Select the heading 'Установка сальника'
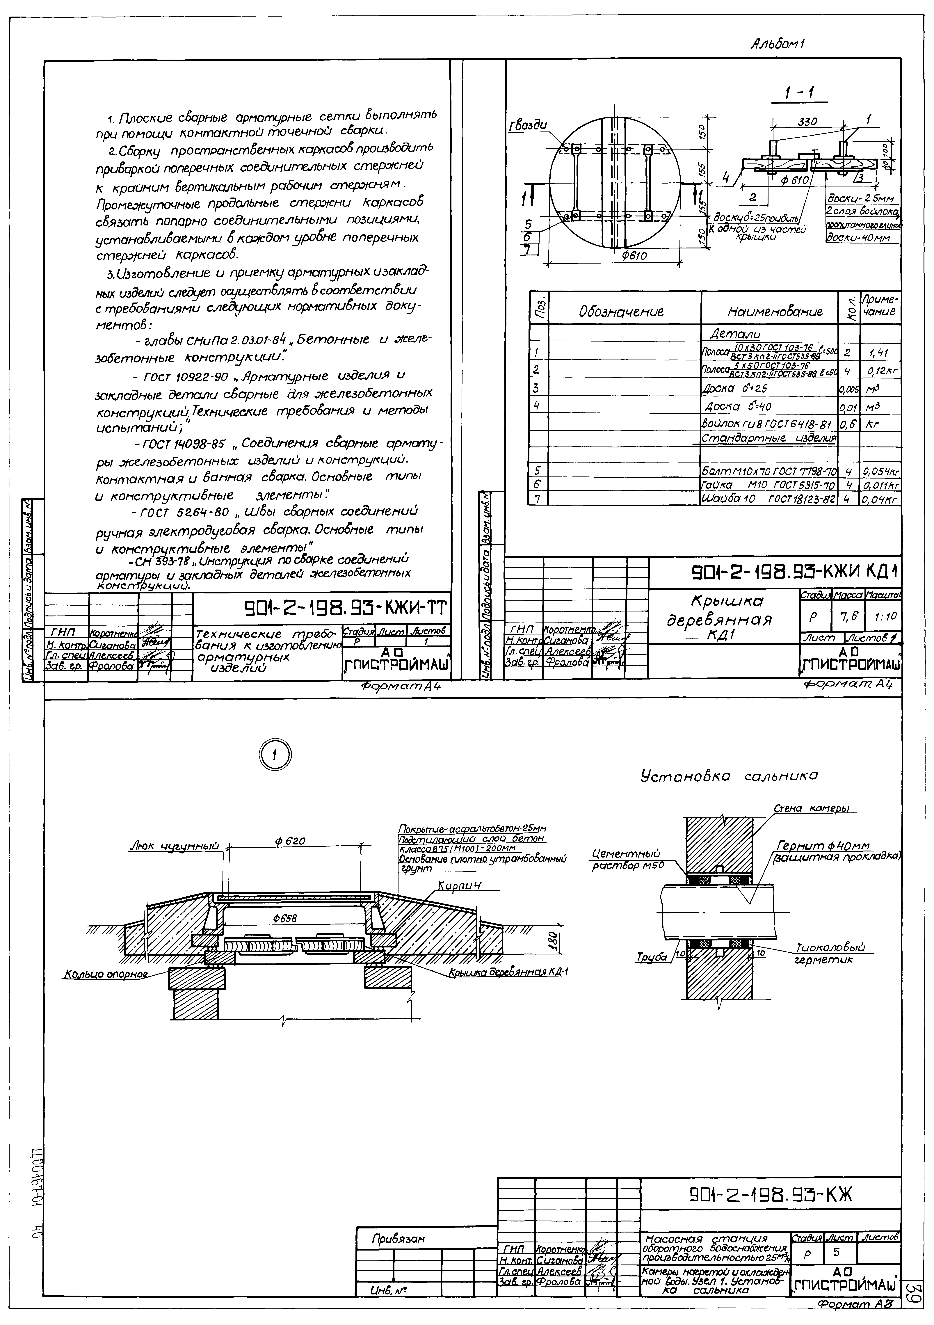(729, 777)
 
